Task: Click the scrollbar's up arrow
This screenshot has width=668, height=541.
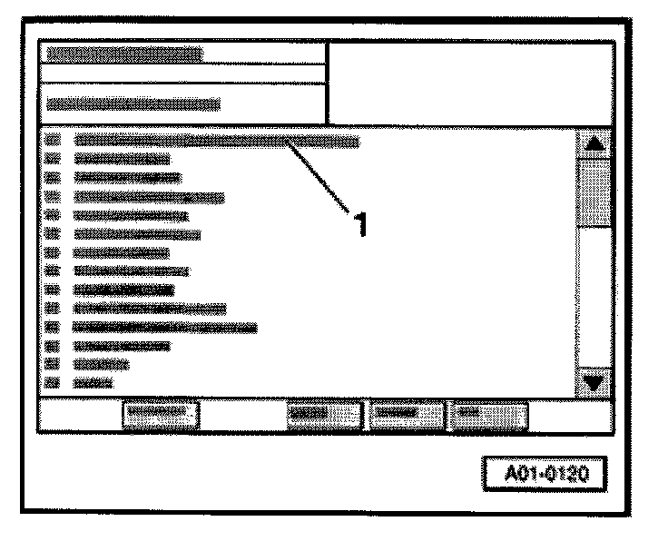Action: (x=594, y=143)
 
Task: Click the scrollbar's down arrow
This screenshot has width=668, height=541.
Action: (x=594, y=381)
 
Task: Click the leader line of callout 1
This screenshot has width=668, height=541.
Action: (x=319, y=175)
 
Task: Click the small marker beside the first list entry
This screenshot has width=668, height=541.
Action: (x=52, y=141)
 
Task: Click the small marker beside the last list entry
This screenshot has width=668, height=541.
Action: (x=52, y=383)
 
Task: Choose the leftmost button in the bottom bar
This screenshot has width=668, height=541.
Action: (x=160, y=413)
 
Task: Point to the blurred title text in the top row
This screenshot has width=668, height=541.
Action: (x=125, y=54)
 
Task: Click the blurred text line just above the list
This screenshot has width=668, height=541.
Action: (x=133, y=103)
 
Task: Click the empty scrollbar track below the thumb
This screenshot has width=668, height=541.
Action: (x=594, y=300)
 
